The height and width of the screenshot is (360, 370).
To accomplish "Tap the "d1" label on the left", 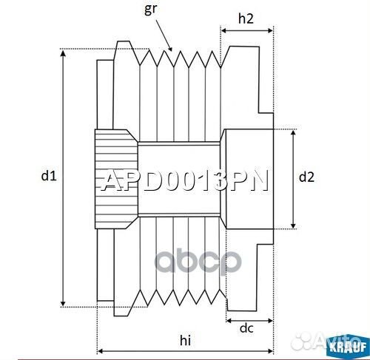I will (x=48, y=176).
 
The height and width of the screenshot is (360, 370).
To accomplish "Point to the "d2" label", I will (x=306, y=177).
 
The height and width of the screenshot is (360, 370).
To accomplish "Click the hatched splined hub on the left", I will (x=114, y=177).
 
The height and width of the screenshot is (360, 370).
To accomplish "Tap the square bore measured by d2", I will (x=248, y=177).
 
